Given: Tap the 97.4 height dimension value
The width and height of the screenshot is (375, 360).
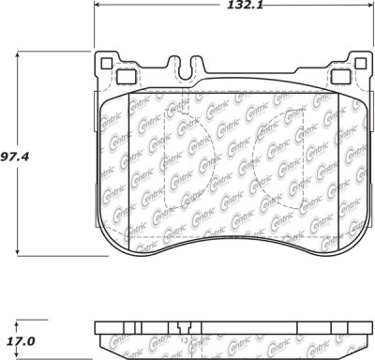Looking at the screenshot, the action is tap(14, 157).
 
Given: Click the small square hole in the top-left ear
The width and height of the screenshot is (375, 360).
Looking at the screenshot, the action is tap(107, 64).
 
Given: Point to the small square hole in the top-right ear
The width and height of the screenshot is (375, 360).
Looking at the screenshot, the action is tap(360, 64).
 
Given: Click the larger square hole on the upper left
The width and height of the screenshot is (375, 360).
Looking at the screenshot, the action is tap(127, 77).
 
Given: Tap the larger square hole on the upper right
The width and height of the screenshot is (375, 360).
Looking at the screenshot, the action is tap(340, 77).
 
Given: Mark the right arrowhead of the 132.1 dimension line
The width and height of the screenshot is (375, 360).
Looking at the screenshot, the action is tap(370, 5).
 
